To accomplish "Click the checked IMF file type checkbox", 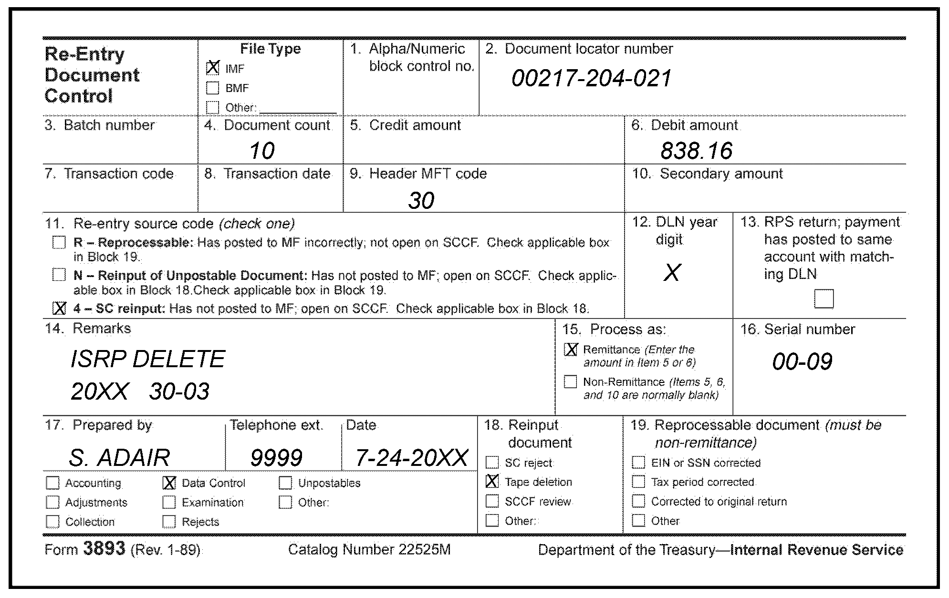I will click(x=213, y=68).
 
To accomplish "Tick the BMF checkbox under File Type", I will click(x=213, y=88).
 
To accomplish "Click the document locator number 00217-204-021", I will click(x=592, y=79).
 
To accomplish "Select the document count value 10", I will click(x=262, y=151).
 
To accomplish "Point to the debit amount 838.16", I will click(x=696, y=151).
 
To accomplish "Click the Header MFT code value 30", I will click(x=421, y=200).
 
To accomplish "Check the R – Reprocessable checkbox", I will click(x=59, y=242).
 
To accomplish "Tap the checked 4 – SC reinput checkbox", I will click(x=59, y=308).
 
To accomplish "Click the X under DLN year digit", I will click(x=672, y=273).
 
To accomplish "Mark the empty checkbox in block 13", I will click(x=824, y=299).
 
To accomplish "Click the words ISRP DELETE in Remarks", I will click(x=148, y=359).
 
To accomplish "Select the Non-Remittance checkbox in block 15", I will click(x=571, y=381).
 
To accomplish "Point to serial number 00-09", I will click(x=802, y=361).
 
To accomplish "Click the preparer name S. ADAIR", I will click(x=119, y=458).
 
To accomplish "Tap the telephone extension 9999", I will click(x=276, y=458).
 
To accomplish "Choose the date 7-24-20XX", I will click(x=411, y=458).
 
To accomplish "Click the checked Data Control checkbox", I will click(x=169, y=483).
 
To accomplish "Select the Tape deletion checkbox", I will click(x=492, y=482).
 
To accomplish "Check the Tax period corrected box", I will click(x=638, y=482).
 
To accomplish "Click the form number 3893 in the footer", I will click(x=104, y=549).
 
